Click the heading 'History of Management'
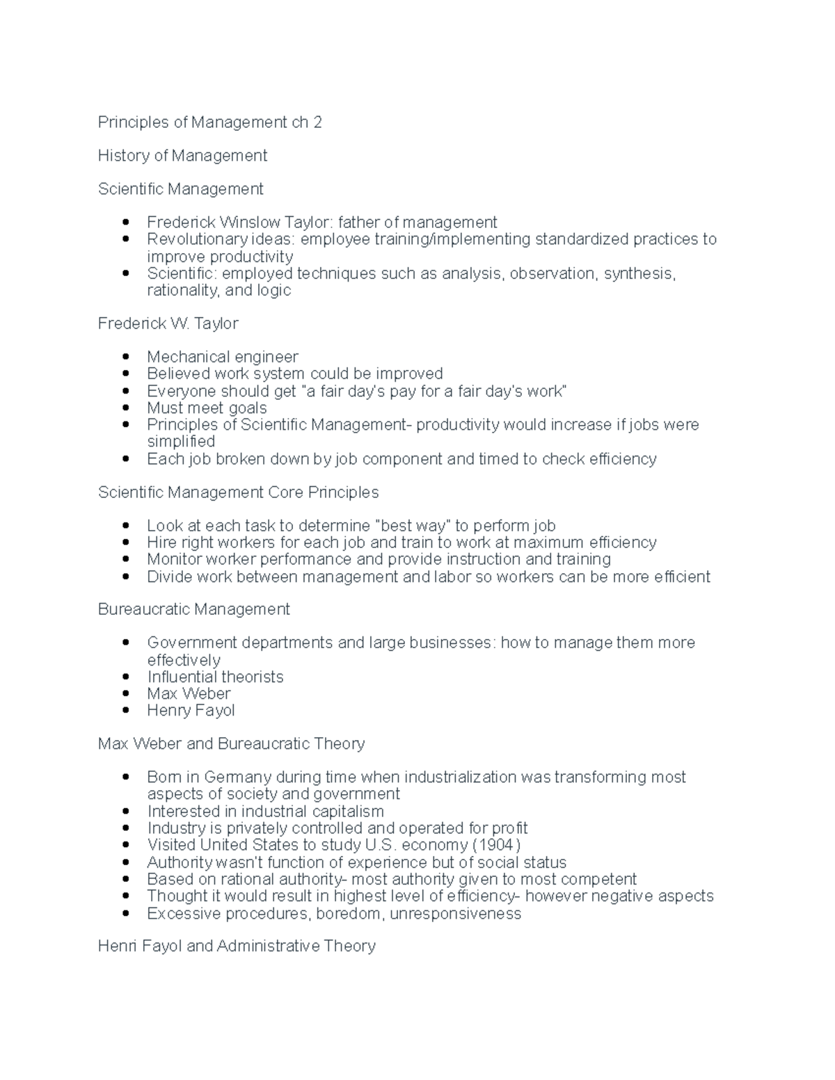(182, 156)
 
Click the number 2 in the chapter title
(317, 122)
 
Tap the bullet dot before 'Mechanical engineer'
(126, 357)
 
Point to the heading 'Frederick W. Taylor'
(168, 324)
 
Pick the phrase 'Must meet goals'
(207, 408)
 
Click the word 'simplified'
(181, 442)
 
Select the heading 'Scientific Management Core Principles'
(238, 492)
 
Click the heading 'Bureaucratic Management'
(193, 609)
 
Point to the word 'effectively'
(184, 660)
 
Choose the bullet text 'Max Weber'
(189, 693)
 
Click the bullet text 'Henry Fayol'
(191, 710)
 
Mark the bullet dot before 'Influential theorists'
(126, 677)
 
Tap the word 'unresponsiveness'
(455, 913)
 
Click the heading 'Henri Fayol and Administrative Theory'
(237, 946)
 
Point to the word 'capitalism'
(347, 812)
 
